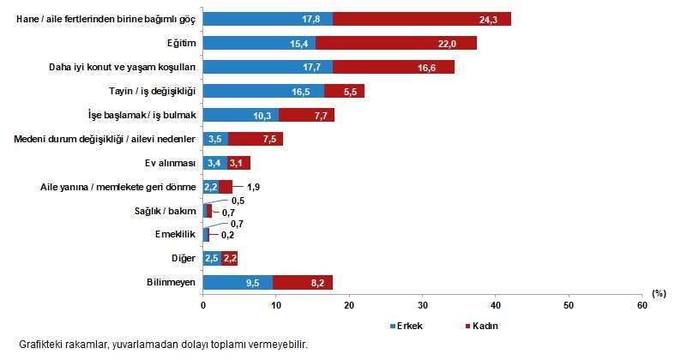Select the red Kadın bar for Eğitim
tap(395, 43)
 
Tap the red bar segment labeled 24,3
tap(421, 19)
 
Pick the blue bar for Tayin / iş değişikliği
tap(263, 91)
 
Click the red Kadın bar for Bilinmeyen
tap(302, 282)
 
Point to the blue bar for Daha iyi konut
tap(268, 67)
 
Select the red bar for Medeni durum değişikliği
tap(256, 139)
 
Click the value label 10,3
tap(267, 115)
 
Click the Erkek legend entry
tap(407, 327)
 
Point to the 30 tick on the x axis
tap(423, 305)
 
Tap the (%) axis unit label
tap(659, 293)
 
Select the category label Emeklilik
tap(177, 234)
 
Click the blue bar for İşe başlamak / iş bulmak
tap(240, 115)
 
